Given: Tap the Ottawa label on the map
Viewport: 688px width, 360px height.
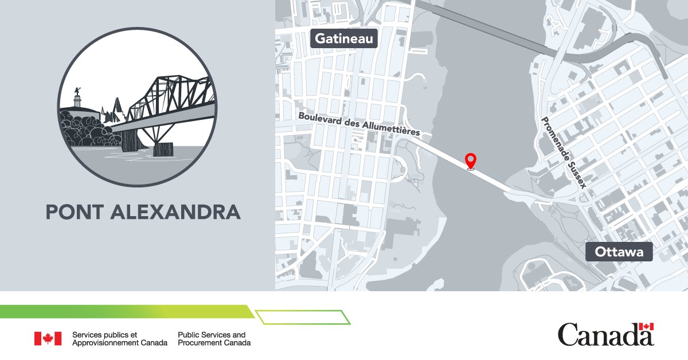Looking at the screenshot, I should (619, 252).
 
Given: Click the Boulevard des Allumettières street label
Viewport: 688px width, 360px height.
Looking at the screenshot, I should (359, 124).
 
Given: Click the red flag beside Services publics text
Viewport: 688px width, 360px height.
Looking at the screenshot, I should (48, 339).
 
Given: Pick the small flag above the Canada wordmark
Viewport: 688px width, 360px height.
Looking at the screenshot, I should (647, 327).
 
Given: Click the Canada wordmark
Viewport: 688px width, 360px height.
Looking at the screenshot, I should (605, 335).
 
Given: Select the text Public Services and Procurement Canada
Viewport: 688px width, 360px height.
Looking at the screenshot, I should (214, 339).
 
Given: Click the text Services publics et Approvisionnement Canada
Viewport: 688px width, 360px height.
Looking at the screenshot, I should (119, 339).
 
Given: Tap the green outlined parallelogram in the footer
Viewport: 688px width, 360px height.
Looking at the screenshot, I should (302, 317).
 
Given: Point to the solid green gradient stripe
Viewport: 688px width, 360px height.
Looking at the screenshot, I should (126, 311).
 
